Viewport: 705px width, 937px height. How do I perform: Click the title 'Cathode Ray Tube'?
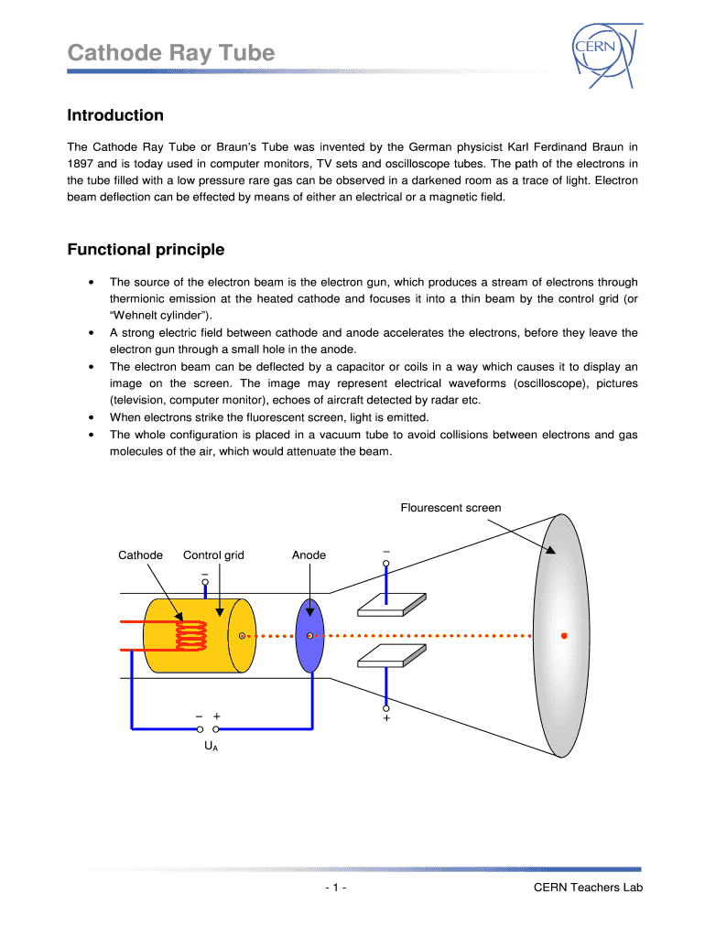tap(171, 53)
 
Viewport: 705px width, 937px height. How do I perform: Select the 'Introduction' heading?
tap(115, 115)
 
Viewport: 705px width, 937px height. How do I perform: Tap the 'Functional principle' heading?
tap(146, 250)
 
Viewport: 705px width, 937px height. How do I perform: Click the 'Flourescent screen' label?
tap(450, 508)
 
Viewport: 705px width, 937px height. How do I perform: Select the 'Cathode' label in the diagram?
tap(141, 555)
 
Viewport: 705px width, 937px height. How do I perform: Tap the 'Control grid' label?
tap(213, 555)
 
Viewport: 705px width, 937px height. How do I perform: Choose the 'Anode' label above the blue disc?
tap(309, 555)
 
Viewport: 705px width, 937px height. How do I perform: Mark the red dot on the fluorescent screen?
tap(565, 635)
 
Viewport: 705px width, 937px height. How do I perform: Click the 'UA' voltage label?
tap(210, 747)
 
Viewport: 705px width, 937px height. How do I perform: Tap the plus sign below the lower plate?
tap(386, 719)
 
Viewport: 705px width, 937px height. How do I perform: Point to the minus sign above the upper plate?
tap(386, 552)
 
